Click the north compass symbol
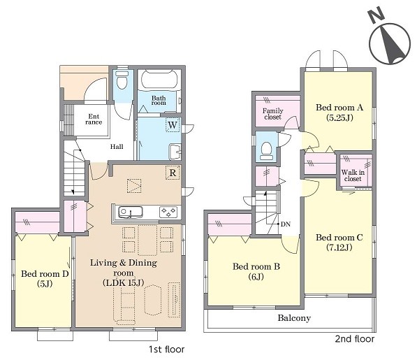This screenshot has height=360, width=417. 390,37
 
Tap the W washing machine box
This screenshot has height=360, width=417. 173,124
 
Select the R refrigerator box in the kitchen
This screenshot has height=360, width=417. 173,173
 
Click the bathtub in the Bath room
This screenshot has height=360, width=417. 159,79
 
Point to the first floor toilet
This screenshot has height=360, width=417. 122,80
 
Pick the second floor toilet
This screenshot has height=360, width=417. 267,150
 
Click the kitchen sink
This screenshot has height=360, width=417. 130,212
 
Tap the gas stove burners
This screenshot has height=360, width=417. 168,212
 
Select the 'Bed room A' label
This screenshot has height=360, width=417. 339,108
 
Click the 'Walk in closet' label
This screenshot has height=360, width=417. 353,175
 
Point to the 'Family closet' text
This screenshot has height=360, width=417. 273,114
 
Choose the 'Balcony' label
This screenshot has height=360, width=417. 294,318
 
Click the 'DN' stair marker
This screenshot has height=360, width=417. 286,224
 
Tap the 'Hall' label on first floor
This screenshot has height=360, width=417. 117,147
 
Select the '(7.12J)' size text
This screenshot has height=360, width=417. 339,247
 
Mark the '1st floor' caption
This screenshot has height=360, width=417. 166,349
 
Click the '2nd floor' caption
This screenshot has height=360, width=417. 355,339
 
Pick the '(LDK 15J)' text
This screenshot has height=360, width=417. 124,282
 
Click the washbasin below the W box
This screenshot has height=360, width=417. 175,152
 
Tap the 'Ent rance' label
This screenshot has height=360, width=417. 94,120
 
